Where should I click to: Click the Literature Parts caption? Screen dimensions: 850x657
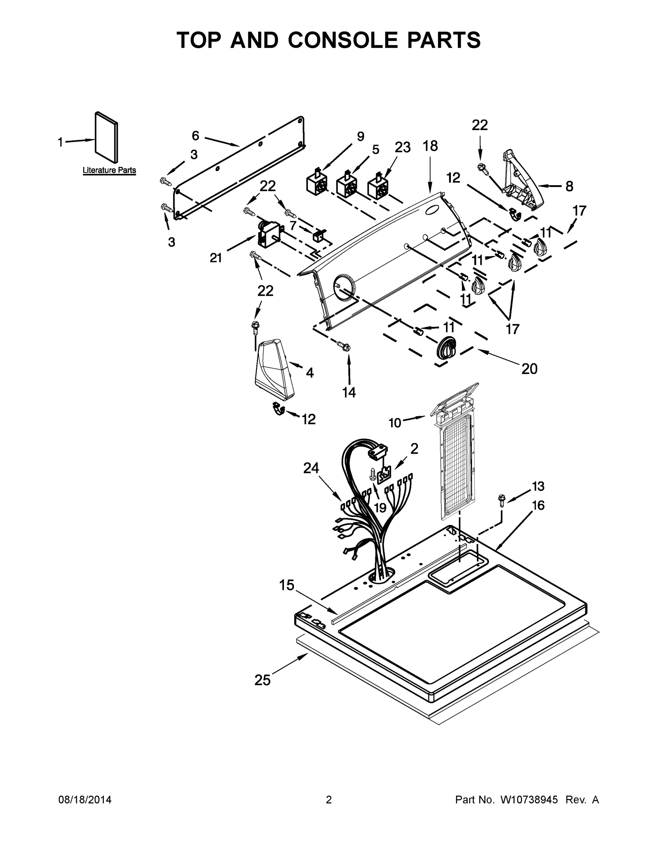[109, 170]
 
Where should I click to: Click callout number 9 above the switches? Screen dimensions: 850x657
[361, 137]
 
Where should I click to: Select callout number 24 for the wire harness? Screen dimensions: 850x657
[311, 468]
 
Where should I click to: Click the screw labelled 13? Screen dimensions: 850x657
[502, 500]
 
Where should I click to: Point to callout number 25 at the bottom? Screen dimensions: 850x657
[262, 680]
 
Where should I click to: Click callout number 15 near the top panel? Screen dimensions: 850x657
[287, 585]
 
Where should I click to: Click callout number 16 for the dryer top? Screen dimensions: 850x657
[538, 505]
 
